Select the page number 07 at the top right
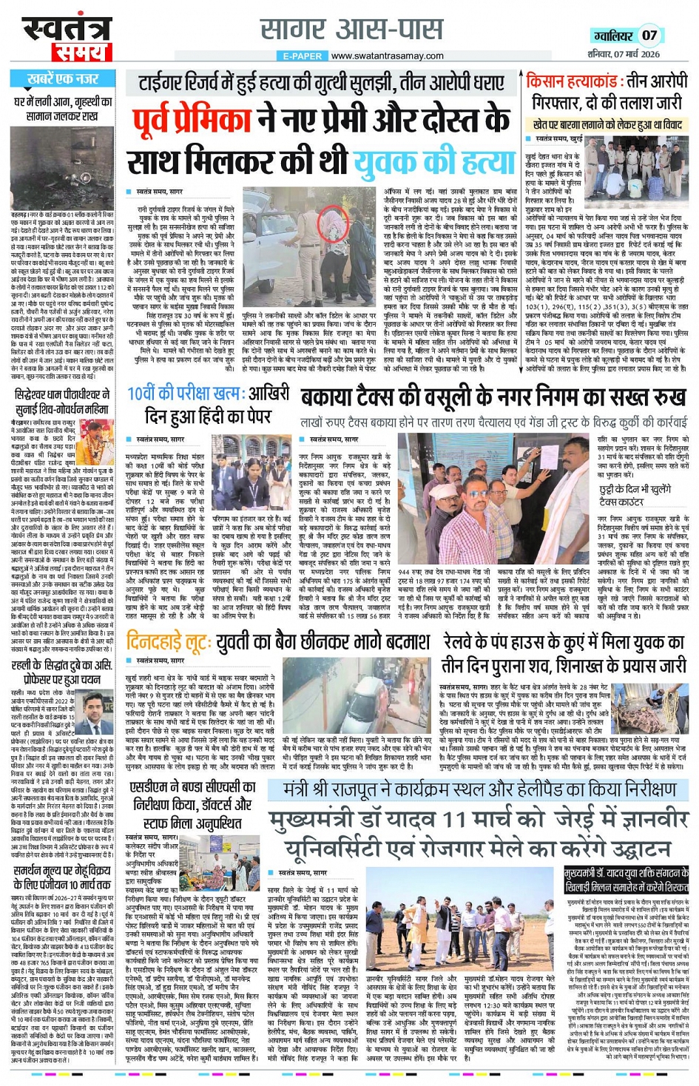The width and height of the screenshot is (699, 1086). point(649,35)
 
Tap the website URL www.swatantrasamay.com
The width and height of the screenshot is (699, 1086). point(388,55)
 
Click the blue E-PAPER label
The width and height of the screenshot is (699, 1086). point(303,55)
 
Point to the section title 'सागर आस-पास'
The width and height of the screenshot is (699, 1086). point(351,30)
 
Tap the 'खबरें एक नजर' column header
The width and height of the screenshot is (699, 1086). point(62,78)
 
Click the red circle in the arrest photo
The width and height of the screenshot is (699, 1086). point(330,223)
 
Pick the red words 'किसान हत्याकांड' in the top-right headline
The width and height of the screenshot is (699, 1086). point(573,81)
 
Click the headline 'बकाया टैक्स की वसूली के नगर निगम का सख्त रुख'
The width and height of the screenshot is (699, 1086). point(493,398)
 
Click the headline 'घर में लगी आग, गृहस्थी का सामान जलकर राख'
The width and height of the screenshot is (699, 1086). point(62,109)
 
